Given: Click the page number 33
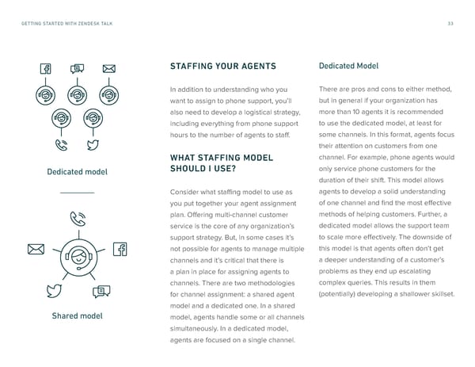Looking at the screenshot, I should coord(449,23).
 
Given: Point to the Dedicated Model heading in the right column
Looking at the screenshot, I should coord(349,66).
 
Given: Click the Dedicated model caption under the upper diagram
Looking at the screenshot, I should coord(77,172).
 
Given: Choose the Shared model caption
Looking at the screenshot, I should coord(77,317).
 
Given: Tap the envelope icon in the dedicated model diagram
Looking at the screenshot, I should coord(108,69).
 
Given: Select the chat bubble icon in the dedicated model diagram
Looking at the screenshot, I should coord(77,69).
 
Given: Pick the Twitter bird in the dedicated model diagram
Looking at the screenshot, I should coord(93,145).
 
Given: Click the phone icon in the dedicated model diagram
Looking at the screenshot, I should coord(60,145).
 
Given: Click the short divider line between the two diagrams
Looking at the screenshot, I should coord(77,193).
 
